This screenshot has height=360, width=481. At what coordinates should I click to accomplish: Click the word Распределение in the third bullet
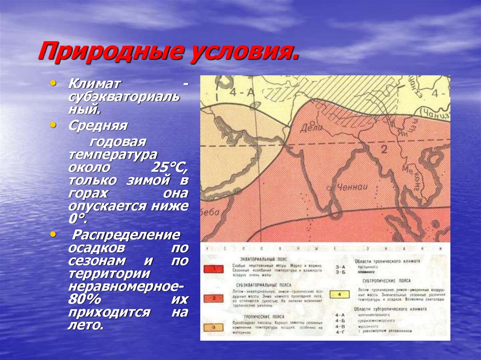click(x=124, y=235)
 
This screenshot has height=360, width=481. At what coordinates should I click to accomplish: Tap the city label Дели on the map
click(x=313, y=127)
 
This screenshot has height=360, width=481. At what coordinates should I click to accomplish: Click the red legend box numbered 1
click(x=214, y=269)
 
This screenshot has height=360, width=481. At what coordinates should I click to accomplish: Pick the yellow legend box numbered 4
click(x=339, y=294)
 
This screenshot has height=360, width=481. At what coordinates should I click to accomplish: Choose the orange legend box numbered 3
click(x=214, y=327)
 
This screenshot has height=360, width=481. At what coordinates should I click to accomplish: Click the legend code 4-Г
click(x=340, y=332)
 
